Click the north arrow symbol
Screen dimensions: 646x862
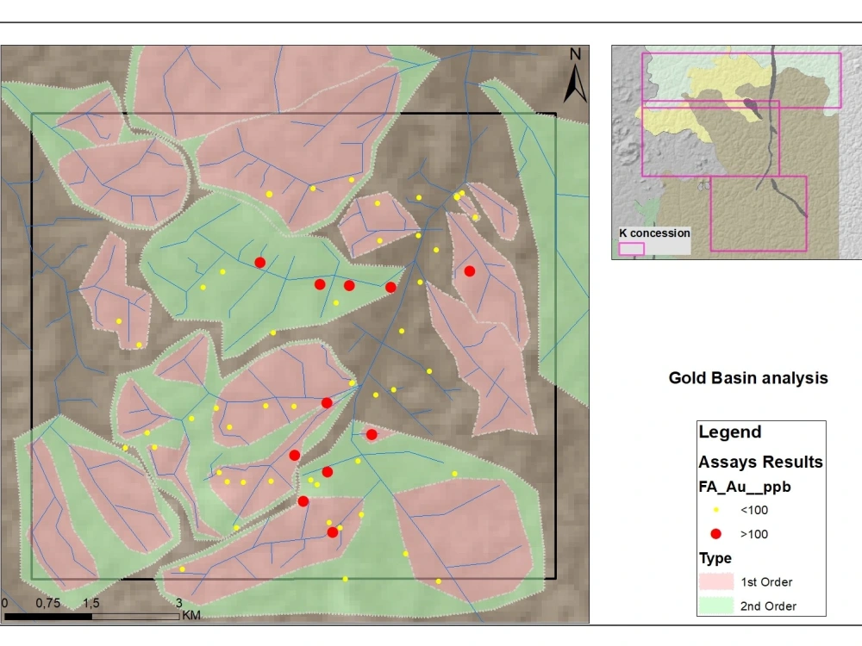(575, 83)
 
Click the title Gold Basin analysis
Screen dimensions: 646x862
(748, 378)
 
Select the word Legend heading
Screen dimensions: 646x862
(729, 432)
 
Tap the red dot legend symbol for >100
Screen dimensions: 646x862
(715, 534)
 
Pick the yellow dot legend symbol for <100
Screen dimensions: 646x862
(715, 510)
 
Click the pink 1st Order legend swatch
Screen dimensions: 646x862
(715, 581)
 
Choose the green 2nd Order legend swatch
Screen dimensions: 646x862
(715, 606)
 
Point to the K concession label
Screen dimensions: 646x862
(655, 233)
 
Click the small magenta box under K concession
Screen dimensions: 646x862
(632, 248)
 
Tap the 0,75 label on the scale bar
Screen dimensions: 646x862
(48, 603)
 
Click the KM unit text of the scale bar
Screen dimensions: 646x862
(191, 616)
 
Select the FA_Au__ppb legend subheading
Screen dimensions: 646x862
(745, 487)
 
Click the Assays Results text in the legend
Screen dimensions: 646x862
(760, 462)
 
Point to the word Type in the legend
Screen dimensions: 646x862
(715, 558)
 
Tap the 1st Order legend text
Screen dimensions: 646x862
(766, 582)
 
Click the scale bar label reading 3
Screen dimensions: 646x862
(178, 603)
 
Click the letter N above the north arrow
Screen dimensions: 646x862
(575, 54)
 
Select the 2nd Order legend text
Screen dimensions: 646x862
(768, 606)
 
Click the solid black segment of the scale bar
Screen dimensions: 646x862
(48, 616)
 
